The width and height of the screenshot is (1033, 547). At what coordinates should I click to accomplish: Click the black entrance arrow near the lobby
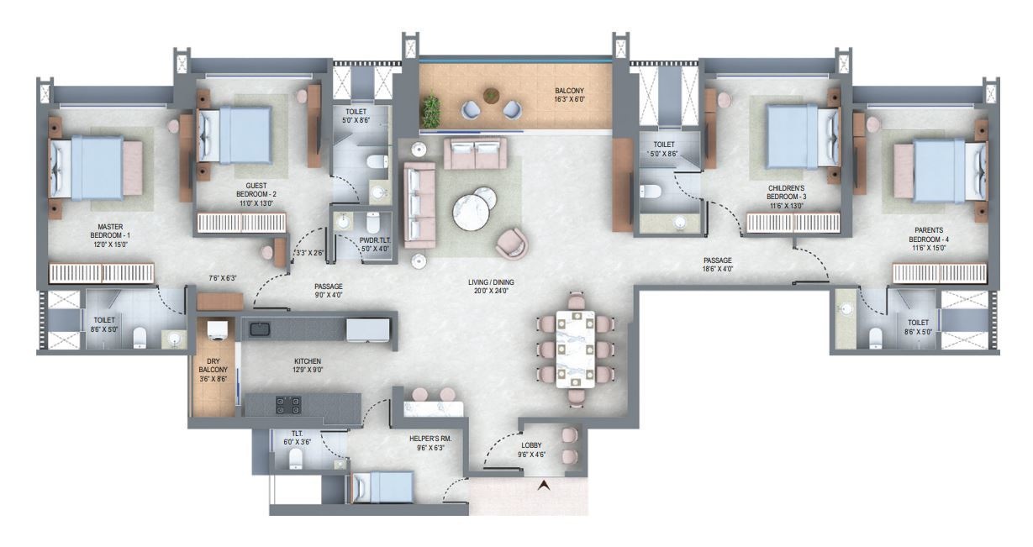tap(545, 485)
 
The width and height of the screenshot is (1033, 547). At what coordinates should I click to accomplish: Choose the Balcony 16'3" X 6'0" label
tap(569, 95)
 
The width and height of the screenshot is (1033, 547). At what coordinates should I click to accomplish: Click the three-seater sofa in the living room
tap(419, 204)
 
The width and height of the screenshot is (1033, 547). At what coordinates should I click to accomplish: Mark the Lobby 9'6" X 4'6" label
tap(531, 450)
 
